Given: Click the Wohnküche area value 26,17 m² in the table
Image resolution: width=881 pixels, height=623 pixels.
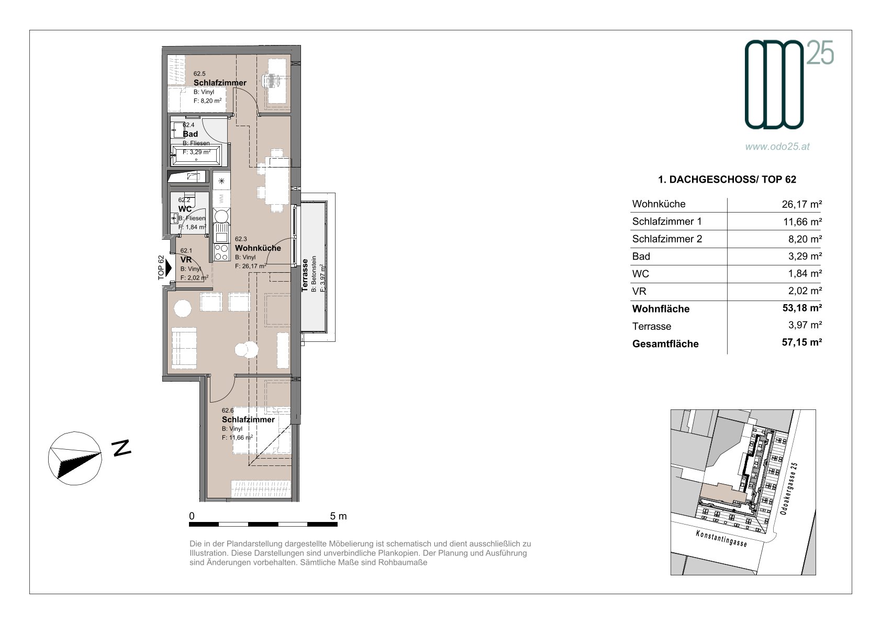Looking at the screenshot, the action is pyautogui.click(x=801, y=204).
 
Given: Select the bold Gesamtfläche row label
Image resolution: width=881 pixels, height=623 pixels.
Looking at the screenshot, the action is pyautogui.click(x=665, y=344).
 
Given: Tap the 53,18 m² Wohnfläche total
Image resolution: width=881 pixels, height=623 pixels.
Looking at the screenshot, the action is pyautogui.click(x=802, y=307).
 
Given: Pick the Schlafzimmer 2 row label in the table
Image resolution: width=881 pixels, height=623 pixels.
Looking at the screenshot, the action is pyautogui.click(x=667, y=239).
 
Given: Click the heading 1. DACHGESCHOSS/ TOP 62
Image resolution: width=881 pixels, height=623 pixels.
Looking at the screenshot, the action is pyautogui.click(x=727, y=180).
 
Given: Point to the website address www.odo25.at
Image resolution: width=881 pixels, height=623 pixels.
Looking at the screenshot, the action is pyautogui.click(x=777, y=146).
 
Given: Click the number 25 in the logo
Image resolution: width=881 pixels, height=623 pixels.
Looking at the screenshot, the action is pyautogui.click(x=820, y=53).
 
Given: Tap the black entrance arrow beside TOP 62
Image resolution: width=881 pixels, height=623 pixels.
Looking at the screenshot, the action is pyautogui.click(x=169, y=268).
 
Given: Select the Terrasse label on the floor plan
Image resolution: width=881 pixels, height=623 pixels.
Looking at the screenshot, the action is pyautogui.click(x=305, y=275).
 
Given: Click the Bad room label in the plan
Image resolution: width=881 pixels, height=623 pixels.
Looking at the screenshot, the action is pyautogui.click(x=191, y=133).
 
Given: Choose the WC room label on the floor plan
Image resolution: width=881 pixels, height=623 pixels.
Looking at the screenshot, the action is pyautogui.click(x=185, y=209).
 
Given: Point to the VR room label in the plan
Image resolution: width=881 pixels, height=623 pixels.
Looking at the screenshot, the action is pyautogui.click(x=186, y=260).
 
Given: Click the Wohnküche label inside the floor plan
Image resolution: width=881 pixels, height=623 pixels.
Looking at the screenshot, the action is pyautogui.click(x=258, y=248).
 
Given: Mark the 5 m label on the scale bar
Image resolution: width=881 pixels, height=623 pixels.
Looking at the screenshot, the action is pyautogui.click(x=338, y=516).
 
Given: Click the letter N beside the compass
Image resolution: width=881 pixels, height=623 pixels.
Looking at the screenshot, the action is pyautogui.click(x=121, y=448).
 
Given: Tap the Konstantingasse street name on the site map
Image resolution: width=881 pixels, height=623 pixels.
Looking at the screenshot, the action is pyautogui.click(x=721, y=538).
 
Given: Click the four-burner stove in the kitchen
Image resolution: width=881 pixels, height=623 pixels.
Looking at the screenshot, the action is pyautogui.click(x=221, y=252).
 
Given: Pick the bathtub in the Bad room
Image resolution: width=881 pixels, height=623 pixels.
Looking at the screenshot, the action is pyautogui.click(x=196, y=155).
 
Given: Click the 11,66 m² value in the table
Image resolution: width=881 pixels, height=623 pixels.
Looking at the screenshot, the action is pyautogui.click(x=802, y=221).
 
